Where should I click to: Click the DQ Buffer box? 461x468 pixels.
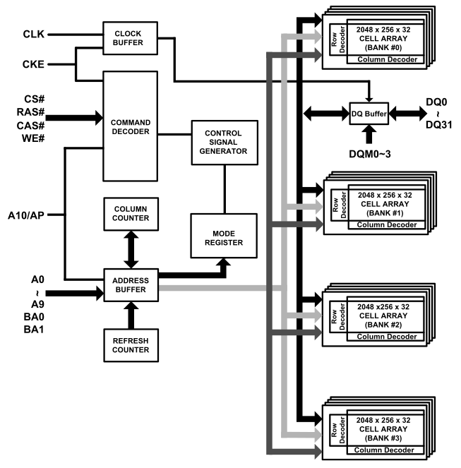[371, 112]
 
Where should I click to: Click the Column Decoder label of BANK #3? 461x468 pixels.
[385, 451]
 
